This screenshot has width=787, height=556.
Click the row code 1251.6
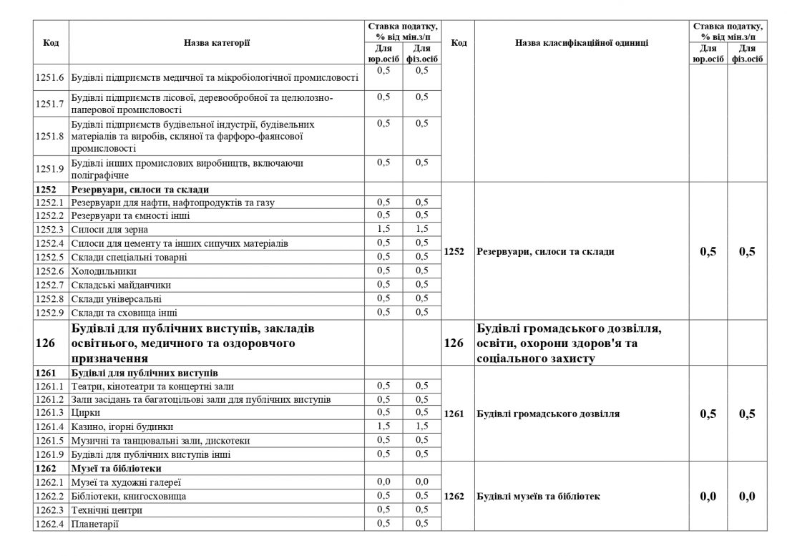click(51, 77)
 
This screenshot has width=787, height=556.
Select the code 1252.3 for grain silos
click(51, 230)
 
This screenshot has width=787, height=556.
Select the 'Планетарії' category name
click(95, 525)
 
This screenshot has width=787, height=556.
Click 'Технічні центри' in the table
click(107, 510)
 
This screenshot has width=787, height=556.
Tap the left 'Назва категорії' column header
click(217, 43)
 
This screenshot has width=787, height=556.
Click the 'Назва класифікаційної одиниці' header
click(581, 43)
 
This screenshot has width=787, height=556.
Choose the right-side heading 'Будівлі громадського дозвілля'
click(547, 414)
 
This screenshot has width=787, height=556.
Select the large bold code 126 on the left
click(44, 343)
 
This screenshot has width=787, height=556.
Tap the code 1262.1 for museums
click(51, 482)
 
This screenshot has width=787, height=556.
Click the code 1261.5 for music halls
click(51, 440)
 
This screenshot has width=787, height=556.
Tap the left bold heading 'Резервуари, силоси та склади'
click(140, 190)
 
